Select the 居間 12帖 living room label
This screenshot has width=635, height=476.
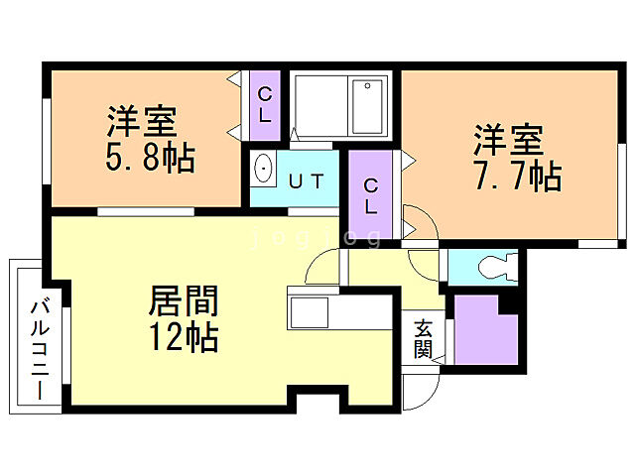183,317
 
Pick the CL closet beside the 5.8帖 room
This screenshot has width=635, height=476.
265,103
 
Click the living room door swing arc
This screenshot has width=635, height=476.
321,265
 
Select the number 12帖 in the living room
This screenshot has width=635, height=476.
183,338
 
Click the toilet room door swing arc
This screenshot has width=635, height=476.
425,260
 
